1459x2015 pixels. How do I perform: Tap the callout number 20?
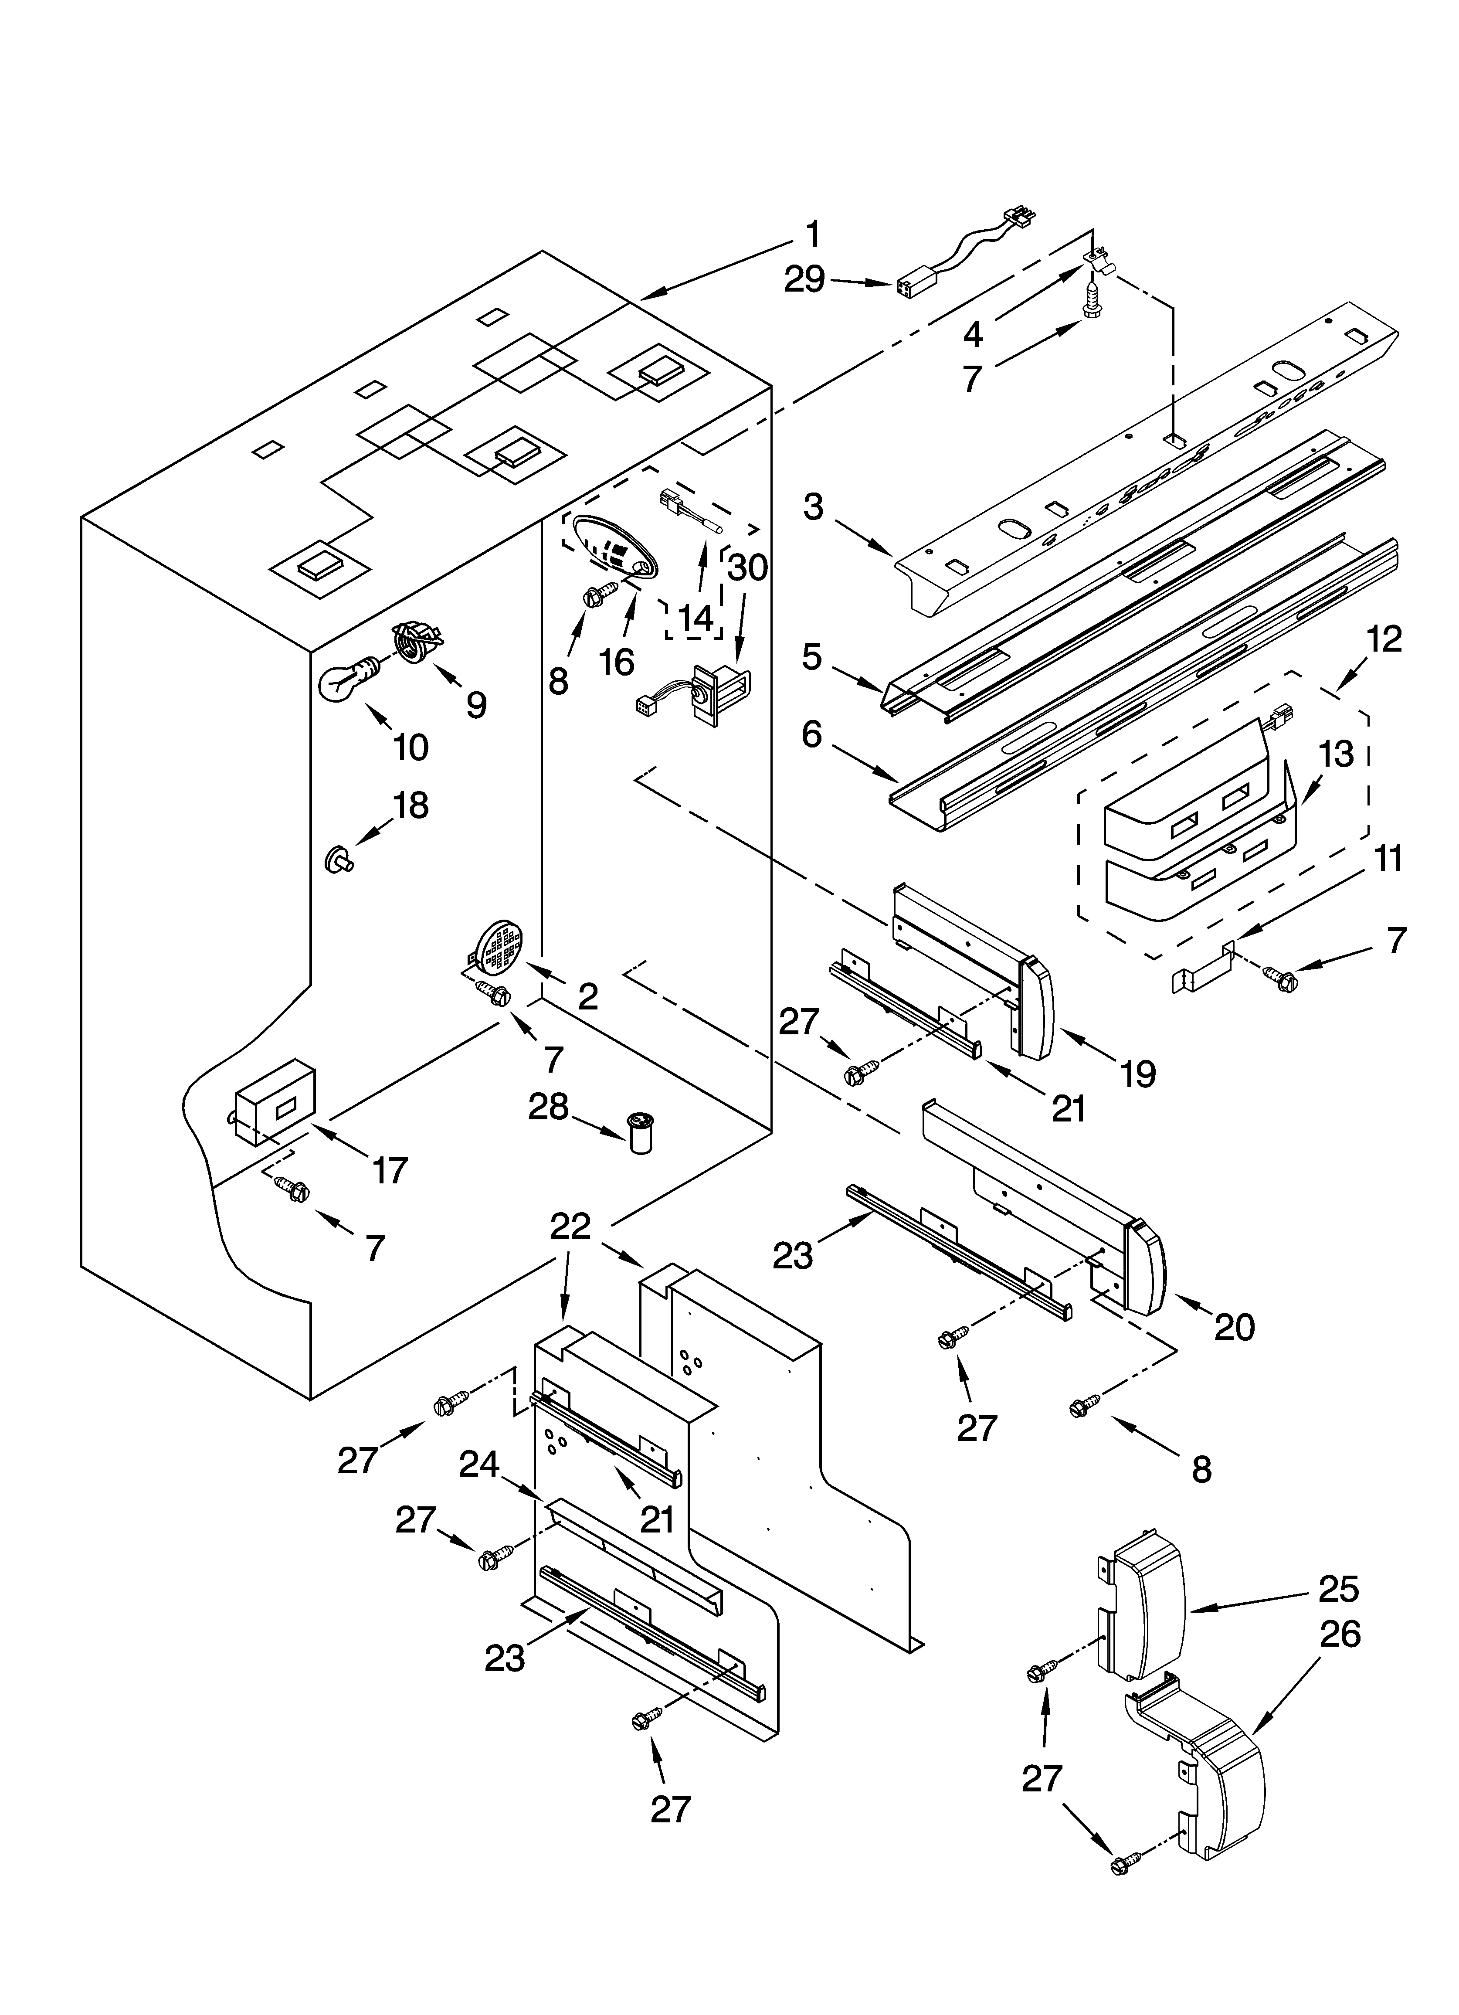click(x=1234, y=1327)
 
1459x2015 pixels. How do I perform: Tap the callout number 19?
click(x=1138, y=1074)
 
